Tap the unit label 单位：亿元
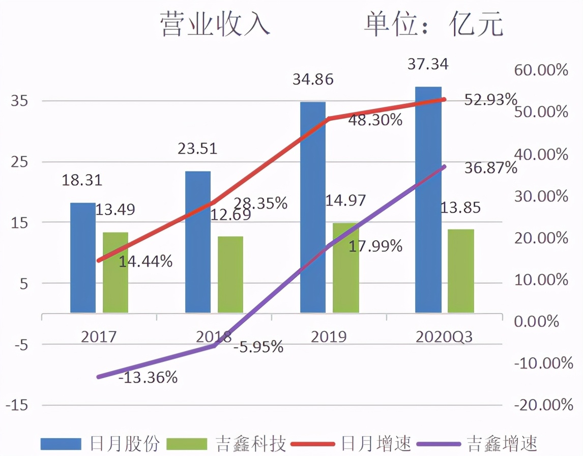[x=433, y=25]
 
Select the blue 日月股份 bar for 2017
[x=83, y=258]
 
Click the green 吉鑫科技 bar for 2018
[x=230, y=274]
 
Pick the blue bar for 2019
[x=313, y=207]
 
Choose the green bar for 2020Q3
[x=461, y=271]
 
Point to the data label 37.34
[x=428, y=65]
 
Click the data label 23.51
[x=197, y=149]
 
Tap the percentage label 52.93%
[x=490, y=99]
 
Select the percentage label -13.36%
[x=148, y=378]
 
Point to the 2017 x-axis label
[x=99, y=337]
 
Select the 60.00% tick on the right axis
[x=541, y=70]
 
